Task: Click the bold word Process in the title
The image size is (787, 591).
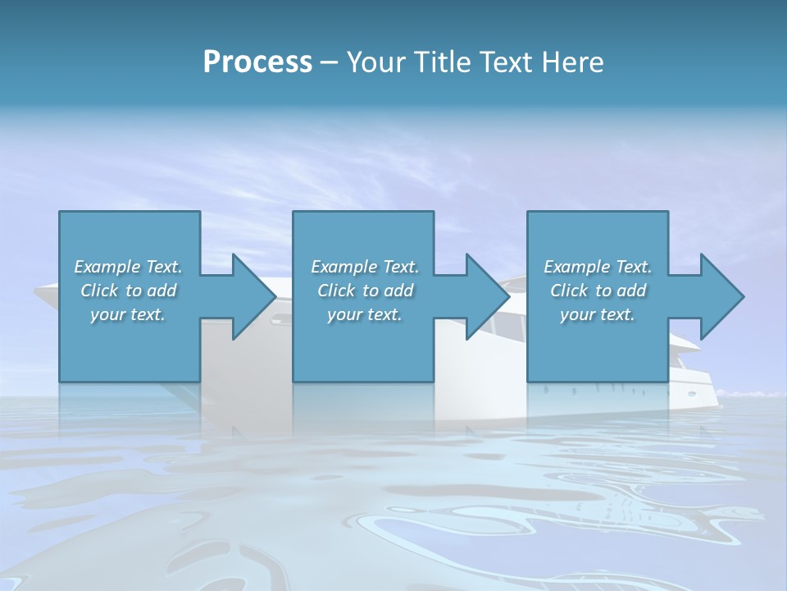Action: coord(257,62)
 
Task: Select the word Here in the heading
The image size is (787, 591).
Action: coord(573,62)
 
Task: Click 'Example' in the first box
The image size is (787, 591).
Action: coord(107,267)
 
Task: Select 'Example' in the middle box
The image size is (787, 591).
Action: coord(344,267)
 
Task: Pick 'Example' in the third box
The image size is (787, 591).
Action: coord(577,267)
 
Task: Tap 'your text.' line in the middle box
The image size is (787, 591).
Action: coord(364,314)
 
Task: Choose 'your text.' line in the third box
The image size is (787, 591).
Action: coord(597,314)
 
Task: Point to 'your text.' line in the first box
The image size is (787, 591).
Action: coord(127,314)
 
